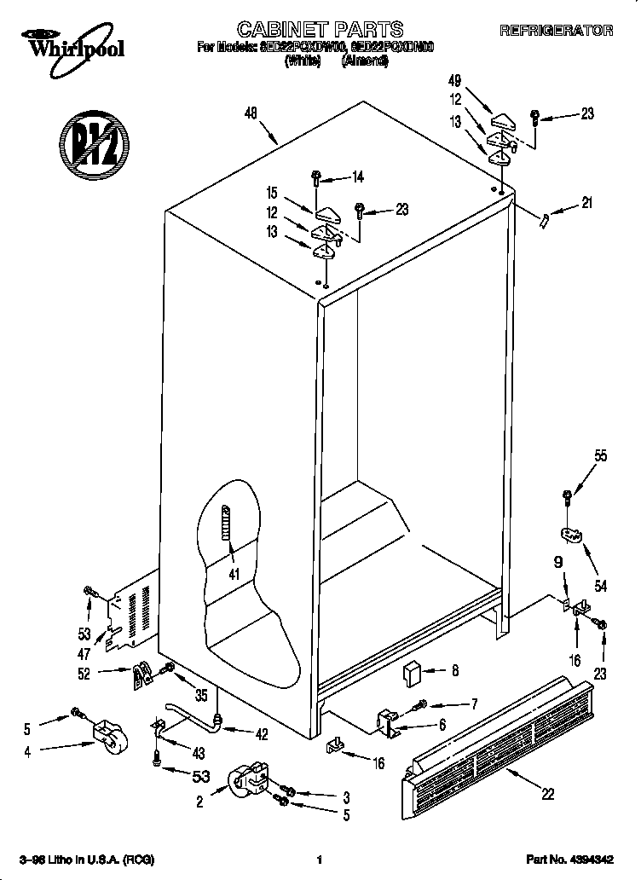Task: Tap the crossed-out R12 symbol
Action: (x=95, y=142)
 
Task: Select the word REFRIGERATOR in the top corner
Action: (x=556, y=31)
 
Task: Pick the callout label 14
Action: (x=357, y=177)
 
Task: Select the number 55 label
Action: (x=601, y=456)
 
